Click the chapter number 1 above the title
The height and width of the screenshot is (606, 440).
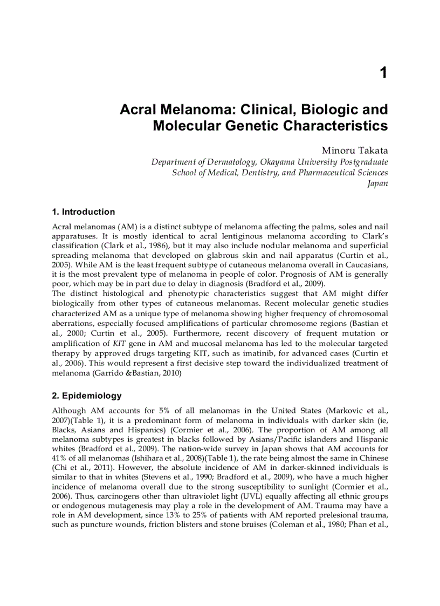click(383, 73)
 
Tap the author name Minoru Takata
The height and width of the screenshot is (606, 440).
click(355, 150)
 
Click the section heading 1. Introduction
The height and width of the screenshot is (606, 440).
click(83, 212)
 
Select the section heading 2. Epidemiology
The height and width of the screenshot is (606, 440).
click(86, 396)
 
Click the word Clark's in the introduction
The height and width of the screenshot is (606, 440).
click(374, 236)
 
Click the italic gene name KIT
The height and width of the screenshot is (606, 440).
click(119, 343)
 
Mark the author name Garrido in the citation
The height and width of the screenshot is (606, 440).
click(109, 372)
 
